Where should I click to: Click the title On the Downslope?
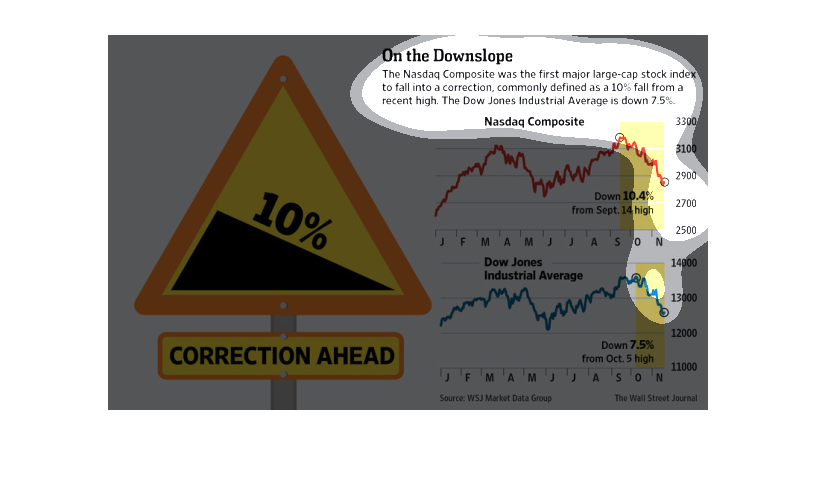coord(447,55)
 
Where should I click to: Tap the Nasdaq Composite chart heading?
coord(534,122)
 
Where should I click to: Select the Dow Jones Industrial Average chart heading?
coord(533,269)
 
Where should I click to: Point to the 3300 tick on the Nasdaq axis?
coord(686,121)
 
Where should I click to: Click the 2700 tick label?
coord(686,203)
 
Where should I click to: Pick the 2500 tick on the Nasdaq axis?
coord(686,230)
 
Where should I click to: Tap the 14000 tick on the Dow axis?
coord(684,263)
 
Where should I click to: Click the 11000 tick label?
coord(684,367)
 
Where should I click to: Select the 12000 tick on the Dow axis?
coord(684,333)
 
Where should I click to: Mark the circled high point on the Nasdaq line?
coord(619,137)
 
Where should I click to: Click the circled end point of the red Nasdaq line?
coord(665,182)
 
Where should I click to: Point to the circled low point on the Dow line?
coord(664,312)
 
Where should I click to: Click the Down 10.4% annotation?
coord(624,196)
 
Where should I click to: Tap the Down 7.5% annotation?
coord(628,345)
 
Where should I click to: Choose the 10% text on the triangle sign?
coord(292,220)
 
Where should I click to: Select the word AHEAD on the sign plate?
coord(356,356)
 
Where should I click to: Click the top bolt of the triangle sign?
coord(283,79)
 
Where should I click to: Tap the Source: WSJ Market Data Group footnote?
coord(495,398)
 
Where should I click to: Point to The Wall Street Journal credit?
coord(656,398)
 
